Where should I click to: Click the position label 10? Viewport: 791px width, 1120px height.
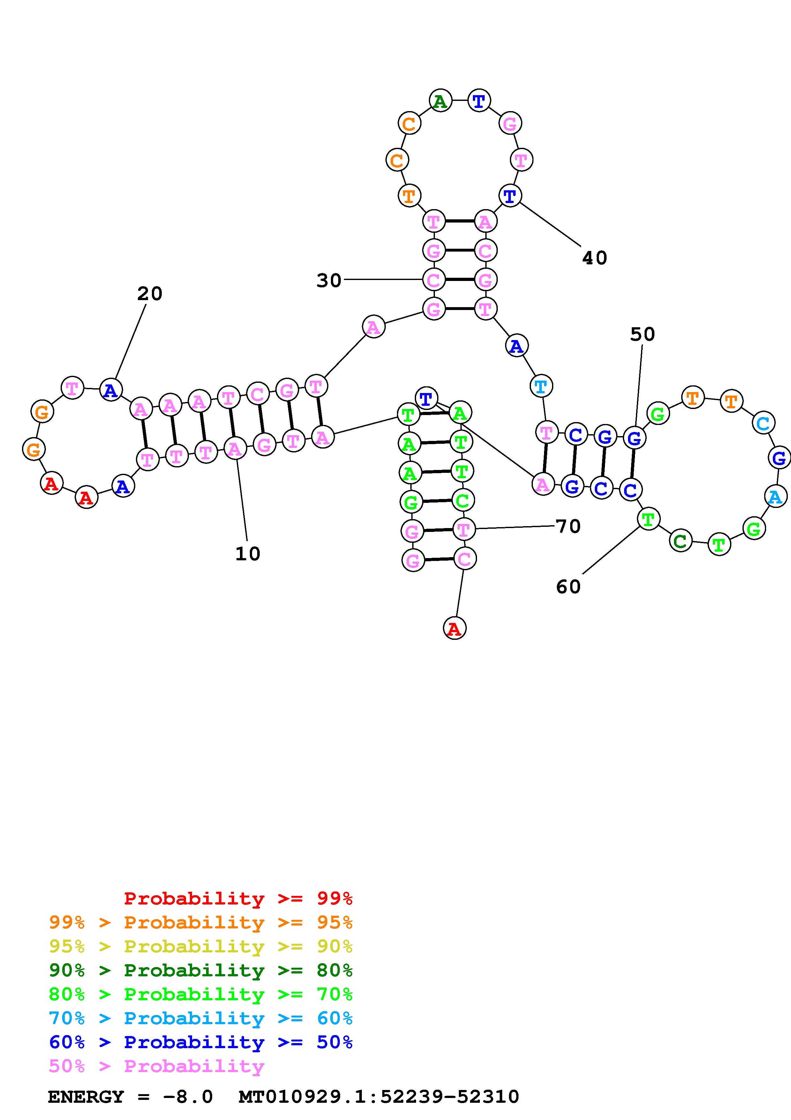(248, 554)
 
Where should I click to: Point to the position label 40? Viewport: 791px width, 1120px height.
(594, 258)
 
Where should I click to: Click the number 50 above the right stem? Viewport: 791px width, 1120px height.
(642, 335)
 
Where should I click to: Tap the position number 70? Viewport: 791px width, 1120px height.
(568, 527)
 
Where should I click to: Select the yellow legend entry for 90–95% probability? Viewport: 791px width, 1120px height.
(201, 946)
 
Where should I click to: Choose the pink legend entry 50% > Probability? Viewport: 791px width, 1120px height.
(156, 1066)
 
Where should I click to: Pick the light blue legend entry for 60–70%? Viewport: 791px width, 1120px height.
(201, 1018)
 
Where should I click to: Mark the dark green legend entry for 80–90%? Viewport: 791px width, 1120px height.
(201, 970)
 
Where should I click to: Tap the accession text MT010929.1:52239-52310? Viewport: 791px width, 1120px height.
(379, 1097)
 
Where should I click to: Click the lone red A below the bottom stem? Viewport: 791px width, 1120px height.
(454, 628)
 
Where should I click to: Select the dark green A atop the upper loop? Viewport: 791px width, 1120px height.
(440, 102)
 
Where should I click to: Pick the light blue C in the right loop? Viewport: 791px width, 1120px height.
(763, 423)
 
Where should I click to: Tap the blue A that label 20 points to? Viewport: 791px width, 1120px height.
(111, 390)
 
